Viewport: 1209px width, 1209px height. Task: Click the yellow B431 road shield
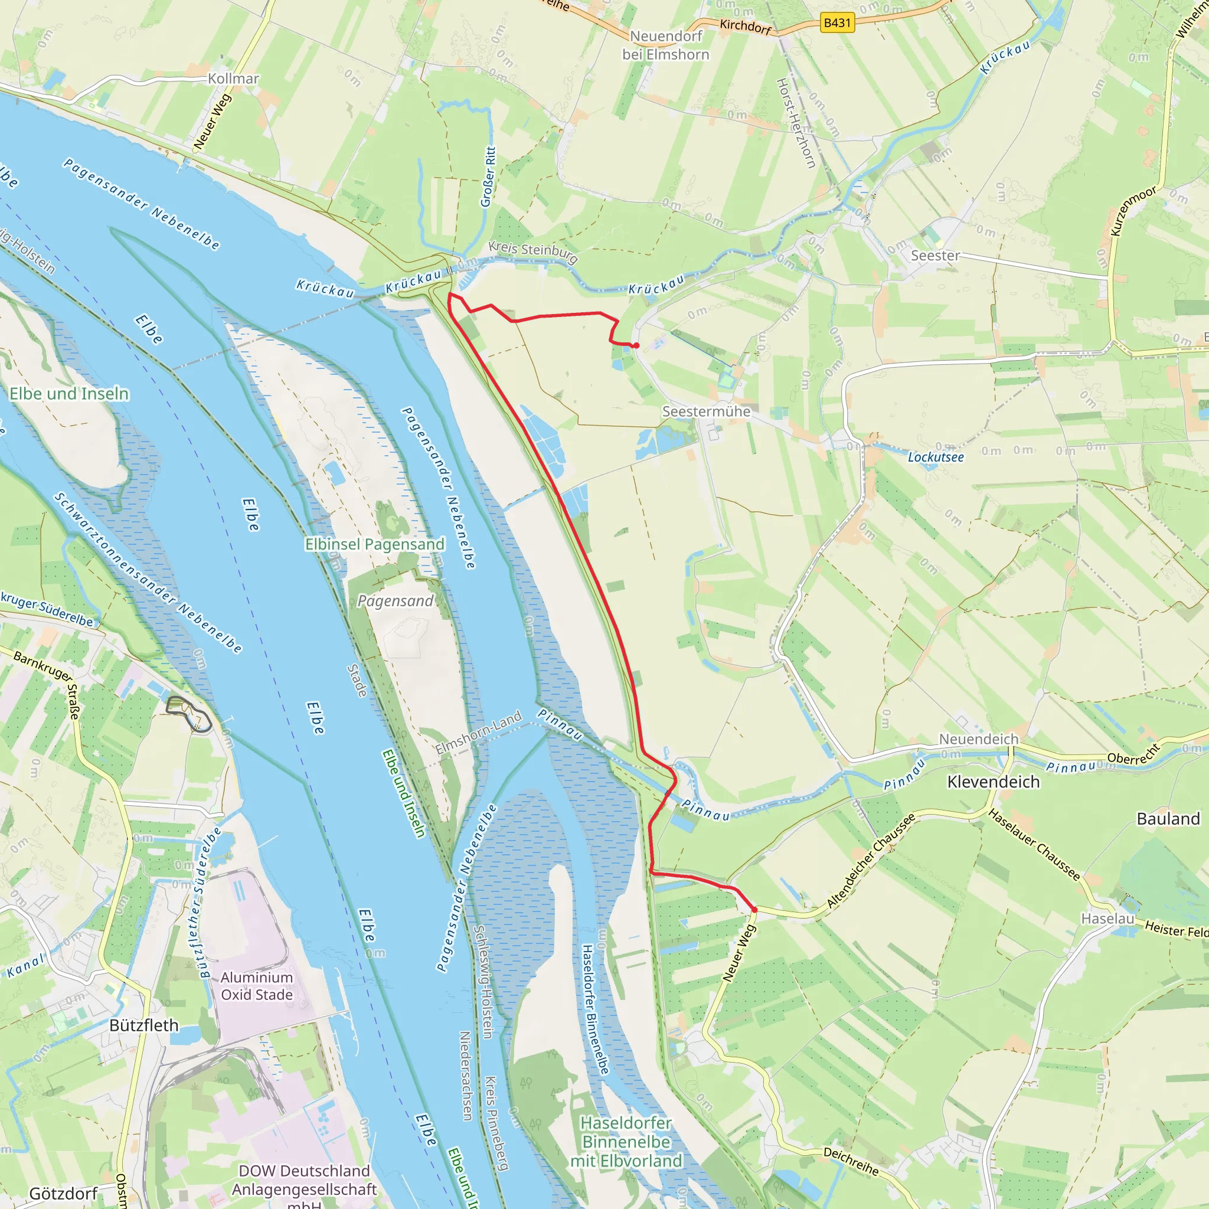837,23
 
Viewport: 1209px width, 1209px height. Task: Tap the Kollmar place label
233,79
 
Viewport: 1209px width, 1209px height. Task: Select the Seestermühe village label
706,411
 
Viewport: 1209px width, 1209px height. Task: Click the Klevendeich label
993,782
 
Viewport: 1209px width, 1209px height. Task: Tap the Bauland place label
1168,819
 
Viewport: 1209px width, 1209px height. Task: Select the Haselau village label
1107,918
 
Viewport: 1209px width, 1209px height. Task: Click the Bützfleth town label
144,1025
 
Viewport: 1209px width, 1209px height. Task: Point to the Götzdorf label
63,1193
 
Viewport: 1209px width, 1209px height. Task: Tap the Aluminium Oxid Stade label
257,986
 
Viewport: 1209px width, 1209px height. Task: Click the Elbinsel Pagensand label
374,544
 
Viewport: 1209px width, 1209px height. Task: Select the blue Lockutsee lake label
936,457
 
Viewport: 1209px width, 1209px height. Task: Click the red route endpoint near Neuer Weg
754,910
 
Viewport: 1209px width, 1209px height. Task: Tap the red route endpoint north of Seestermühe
636,345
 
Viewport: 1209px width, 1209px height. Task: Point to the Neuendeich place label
979,739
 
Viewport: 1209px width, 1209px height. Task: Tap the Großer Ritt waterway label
488,177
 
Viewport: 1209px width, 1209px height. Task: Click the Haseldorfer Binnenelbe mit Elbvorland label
626,1142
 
